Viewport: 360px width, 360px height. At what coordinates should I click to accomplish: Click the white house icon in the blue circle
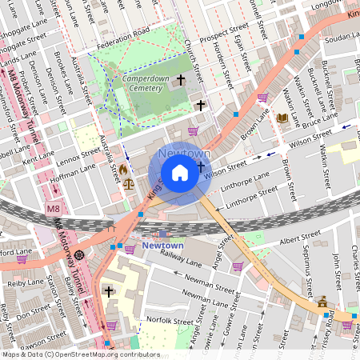[180, 173]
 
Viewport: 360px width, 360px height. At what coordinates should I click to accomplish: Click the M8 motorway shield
[53, 210]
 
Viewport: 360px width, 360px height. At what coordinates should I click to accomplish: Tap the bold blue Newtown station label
[162, 246]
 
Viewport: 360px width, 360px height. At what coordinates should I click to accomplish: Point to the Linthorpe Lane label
[246, 182]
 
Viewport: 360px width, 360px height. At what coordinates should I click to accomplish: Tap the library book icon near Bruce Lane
[282, 118]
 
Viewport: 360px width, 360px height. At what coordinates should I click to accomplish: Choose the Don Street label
[34, 314]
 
